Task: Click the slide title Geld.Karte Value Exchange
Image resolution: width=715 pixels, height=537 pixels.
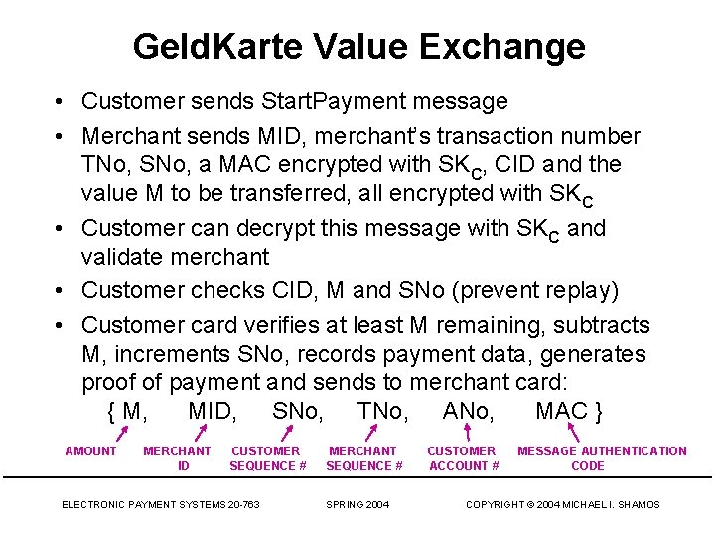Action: pyautogui.click(x=358, y=46)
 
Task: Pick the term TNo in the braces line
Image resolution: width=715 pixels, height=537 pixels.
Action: pyautogui.click(x=382, y=411)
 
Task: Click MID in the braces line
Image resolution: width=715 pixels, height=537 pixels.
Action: pyautogui.click(x=212, y=411)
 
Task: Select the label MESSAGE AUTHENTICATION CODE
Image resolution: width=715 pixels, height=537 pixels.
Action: pyautogui.click(x=602, y=458)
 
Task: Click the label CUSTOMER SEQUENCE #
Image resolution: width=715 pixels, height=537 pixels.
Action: pyautogui.click(x=267, y=458)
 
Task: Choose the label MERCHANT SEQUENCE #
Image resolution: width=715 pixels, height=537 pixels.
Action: pyautogui.click(x=363, y=458)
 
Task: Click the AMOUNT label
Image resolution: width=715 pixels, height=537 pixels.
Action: pyautogui.click(x=90, y=451)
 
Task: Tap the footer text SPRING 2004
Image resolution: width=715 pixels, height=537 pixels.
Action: pyautogui.click(x=357, y=505)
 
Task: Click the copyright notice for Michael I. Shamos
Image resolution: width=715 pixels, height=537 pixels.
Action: pyautogui.click(x=563, y=505)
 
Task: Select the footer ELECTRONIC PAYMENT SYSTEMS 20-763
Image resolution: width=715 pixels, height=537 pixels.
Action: pyautogui.click(x=161, y=505)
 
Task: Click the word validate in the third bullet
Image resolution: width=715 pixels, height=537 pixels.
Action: pyautogui.click(x=126, y=257)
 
